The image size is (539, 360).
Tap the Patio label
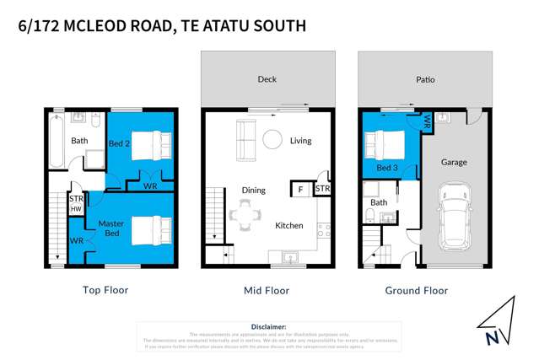pos(424,80)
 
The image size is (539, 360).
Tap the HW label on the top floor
pos(76,208)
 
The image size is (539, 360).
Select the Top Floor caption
pos(105,290)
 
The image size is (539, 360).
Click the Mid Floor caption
pos(266,290)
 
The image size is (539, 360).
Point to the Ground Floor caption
pos(417,290)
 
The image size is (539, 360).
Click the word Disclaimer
pos(269,326)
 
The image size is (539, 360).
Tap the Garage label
pos(454,162)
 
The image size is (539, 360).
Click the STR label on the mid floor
pos(322,190)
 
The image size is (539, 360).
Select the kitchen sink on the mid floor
pos(292,255)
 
